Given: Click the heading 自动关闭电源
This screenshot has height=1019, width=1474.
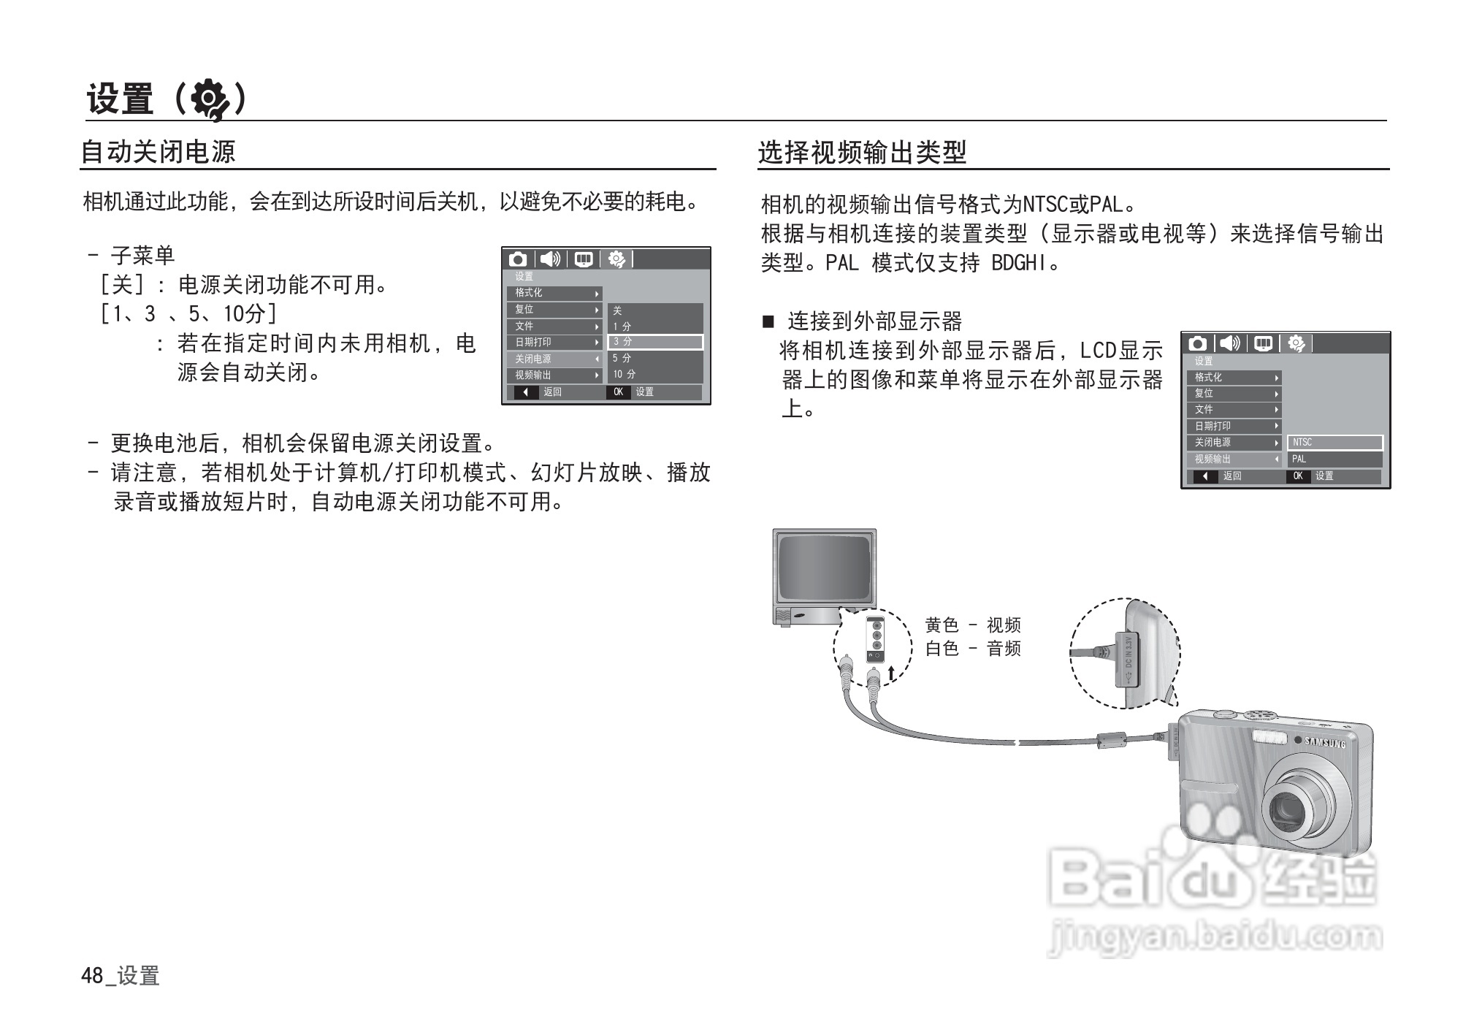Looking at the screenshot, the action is pyautogui.click(x=158, y=152).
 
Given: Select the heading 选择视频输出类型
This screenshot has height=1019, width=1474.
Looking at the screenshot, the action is pyautogui.click(x=862, y=153).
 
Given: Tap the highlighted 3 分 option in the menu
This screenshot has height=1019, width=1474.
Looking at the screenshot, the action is pyautogui.click(x=654, y=342).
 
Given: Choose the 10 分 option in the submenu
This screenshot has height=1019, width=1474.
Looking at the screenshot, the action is pyautogui.click(x=625, y=375).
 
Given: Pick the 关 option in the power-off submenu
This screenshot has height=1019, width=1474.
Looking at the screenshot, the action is pyautogui.click(x=618, y=310).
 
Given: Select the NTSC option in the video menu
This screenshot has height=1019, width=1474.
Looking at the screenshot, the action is pyautogui.click(x=1334, y=443).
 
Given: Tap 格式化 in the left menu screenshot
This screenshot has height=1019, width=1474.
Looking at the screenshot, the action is pyautogui.click(x=553, y=293).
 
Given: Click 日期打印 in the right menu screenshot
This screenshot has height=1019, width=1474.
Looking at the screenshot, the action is pyautogui.click(x=1234, y=426).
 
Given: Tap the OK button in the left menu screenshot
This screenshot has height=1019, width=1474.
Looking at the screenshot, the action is pyautogui.click(x=618, y=392).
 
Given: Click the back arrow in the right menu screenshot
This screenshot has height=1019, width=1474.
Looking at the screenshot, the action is pyautogui.click(x=1205, y=476).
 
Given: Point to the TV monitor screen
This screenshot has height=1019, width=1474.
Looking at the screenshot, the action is pyautogui.click(x=824, y=567).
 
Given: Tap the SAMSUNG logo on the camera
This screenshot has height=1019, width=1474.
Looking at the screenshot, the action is pyautogui.click(x=1325, y=744).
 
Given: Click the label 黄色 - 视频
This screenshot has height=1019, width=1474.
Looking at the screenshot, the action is pyautogui.click(x=972, y=625).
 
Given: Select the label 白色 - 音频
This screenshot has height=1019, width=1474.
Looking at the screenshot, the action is pyautogui.click(x=972, y=649).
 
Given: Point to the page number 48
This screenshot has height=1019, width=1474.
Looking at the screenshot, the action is pyautogui.click(x=92, y=976).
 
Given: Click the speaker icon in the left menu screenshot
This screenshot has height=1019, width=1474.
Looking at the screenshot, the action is pyautogui.click(x=550, y=259).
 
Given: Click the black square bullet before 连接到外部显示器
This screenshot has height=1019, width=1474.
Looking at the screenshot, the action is pyautogui.click(x=768, y=321).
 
